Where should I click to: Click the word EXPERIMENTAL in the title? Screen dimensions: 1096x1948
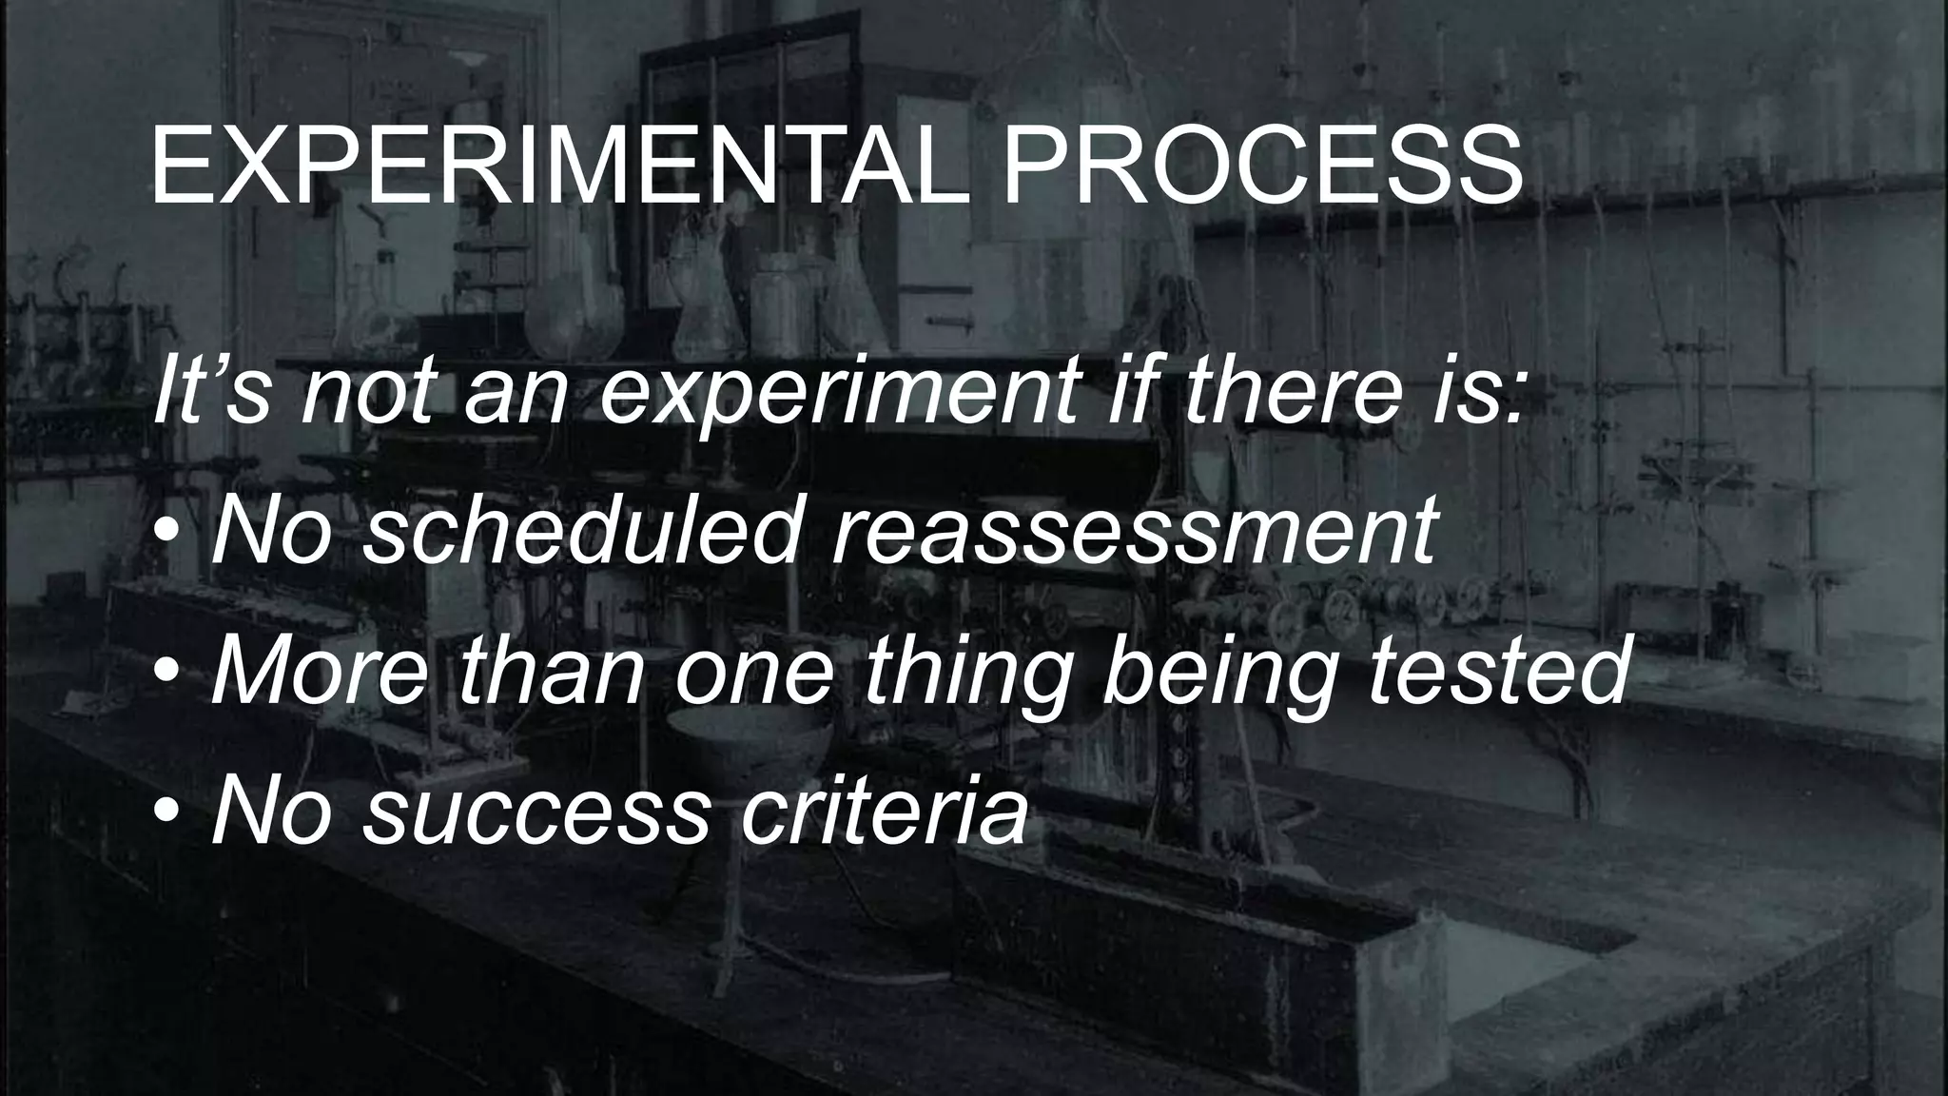tap(561, 168)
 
